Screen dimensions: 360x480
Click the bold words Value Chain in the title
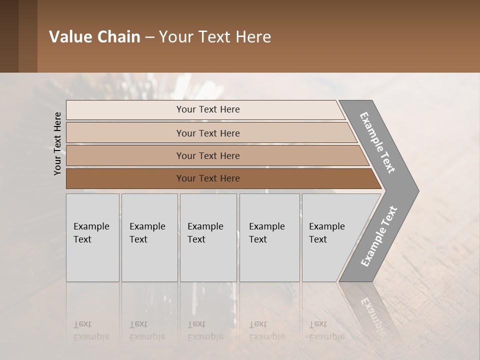[x=94, y=37]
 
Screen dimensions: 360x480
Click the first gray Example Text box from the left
[x=92, y=260]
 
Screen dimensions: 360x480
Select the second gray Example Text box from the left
[x=149, y=260]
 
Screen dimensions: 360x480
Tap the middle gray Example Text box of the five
[x=208, y=260]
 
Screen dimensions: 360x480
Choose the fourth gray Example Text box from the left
[x=269, y=260]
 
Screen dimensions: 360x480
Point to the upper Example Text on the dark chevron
[x=377, y=142]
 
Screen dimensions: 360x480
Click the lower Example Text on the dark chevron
[x=378, y=236]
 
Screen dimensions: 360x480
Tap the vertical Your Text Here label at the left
[x=57, y=143]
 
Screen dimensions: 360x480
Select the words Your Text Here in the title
[x=215, y=37]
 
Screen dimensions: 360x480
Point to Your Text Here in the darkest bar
[x=208, y=178]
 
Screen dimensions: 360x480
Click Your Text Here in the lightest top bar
[x=208, y=109]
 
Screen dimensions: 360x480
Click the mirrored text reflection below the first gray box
[x=91, y=330]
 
